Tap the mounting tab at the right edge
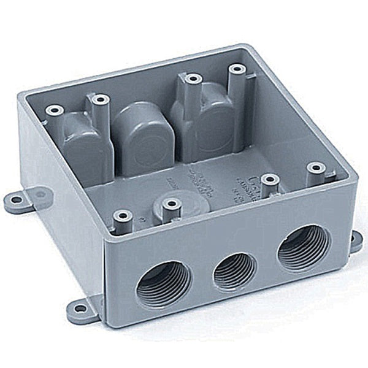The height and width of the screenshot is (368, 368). [x=356, y=240]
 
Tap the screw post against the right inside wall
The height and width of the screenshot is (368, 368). [x=316, y=167]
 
